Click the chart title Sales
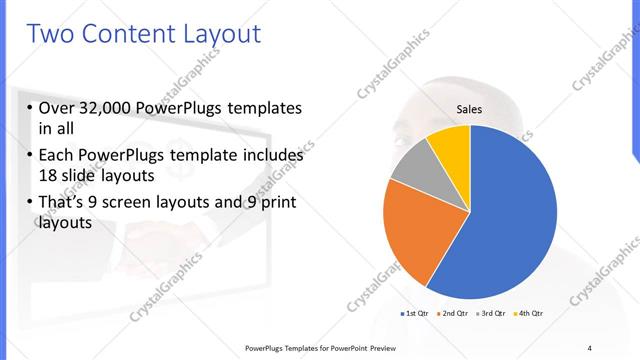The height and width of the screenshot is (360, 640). pyautogui.click(x=470, y=109)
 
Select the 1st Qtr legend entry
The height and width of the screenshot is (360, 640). pyautogui.click(x=414, y=314)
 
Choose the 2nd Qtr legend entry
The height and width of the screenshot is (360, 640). pyautogui.click(x=451, y=314)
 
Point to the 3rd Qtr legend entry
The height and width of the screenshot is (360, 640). pyautogui.click(x=488, y=314)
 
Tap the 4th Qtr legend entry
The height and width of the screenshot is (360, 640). pyautogui.click(x=526, y=314)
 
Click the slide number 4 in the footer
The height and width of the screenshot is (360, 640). pyautogui.click(x=589, y=347)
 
